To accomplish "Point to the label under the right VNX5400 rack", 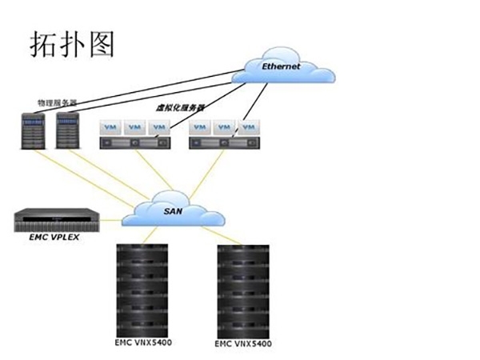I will (x=245, y=345).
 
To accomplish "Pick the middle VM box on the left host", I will (x=135, y=126).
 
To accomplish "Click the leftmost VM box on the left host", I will (x=111, y=126).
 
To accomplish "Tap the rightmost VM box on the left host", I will (x=160, y=126).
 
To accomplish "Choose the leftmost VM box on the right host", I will (x=202, y=126).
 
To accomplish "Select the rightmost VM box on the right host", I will (x=250, y=126).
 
